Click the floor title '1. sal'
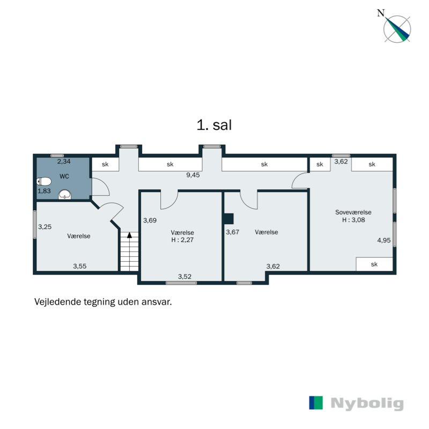[214, 125]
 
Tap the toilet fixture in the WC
[44, 181]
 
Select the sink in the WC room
[64, 194]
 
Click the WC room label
[64, 176]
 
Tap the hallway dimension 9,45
[193, 175]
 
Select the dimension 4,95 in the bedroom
[383, 240]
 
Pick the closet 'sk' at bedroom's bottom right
[374, 264]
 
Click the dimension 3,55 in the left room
[80, 265]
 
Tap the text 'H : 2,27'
[182, 240]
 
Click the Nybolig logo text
[367, 403]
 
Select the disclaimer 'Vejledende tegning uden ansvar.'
[103, 302]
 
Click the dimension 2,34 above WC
[64, 161]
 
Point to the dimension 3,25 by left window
[45, 227]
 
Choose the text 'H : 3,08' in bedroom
[352, 220]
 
